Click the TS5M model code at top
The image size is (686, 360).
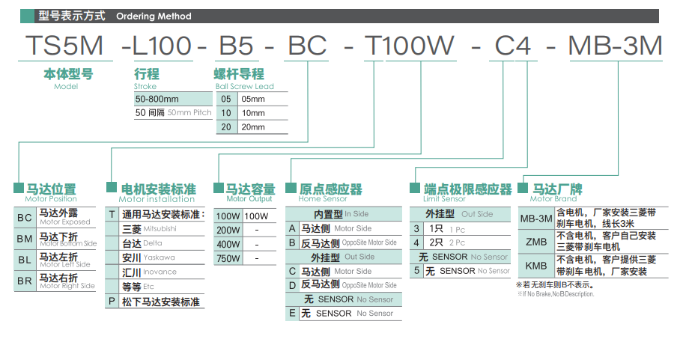click(64, 46)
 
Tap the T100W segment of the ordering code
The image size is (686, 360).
click(410, 46)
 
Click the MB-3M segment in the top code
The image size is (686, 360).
click(615, 46)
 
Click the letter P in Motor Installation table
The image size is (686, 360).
click(112, 302)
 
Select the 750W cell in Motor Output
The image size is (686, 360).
click(228, 258)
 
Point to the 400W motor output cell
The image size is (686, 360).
click(228, 244)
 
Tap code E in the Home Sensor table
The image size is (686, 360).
click(292, 314)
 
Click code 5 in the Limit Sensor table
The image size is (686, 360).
click(417, 271)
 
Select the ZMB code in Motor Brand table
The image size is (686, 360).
click(536, 242)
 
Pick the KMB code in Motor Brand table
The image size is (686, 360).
click(536, 266)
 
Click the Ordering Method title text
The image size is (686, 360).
click(154, 16)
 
